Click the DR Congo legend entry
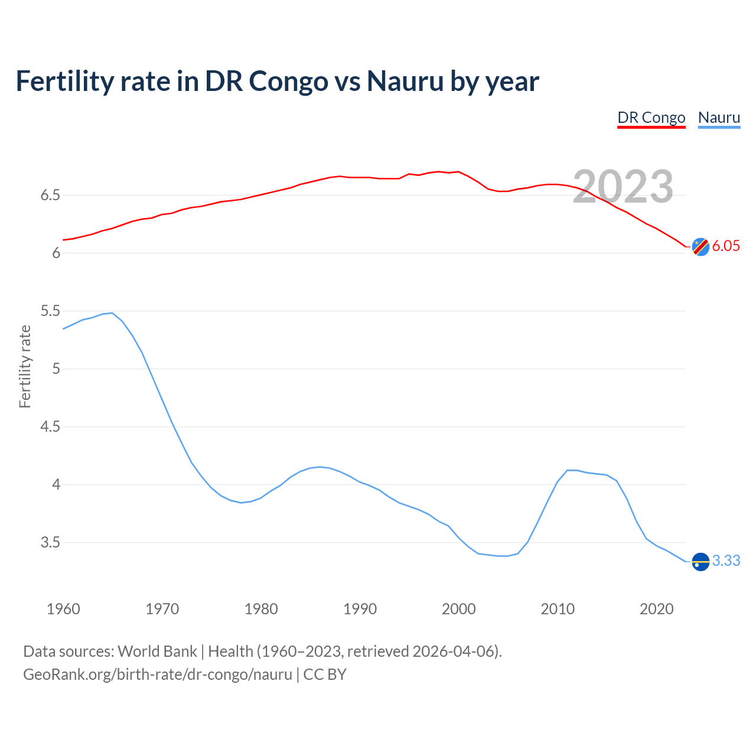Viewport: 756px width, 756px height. pyautogui.click(x=651, y=118)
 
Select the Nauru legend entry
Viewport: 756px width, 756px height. pyautogui.click(x=719, y=118)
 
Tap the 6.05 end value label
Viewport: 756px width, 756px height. pyautogui.click(x=726, y=246)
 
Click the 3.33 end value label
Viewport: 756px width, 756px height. pyautogui.click(x=726, y=561)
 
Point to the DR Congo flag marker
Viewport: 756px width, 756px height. pyautogui.click(x=700, y=247)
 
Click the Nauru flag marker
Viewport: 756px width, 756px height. pyautogui.click(x=700, y=561)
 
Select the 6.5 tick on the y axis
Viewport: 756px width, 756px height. pyautogui.click(x=50, y=195)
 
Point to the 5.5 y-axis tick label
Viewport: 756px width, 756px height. pyautogui.click(x=50, y=311)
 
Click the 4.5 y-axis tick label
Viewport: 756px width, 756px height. pyautogui.click(x=50, y=426)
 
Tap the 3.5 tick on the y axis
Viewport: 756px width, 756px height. pyautogui.click(x=50, y=542)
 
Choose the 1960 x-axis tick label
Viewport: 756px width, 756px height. pyautogui.click(x=63, y=609)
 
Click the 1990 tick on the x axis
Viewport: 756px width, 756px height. pyautogui.click(x=360, y=609)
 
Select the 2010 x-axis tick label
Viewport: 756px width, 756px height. pyautogui.click(x=558, y=609)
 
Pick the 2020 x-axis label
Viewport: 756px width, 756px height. pyautogui.click(x=656, y=609)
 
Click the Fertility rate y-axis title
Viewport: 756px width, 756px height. pyautogui.click(x=25, y=366)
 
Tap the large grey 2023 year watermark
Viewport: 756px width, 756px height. pyautogui.click(x=623, y=187)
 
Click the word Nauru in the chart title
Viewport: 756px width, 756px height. pyautogui.click(x=405, y=81)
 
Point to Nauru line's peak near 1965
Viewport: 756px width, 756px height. pyautogui.click(x=112, y=313)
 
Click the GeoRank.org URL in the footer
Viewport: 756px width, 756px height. pyautogui.click(x=158, y=674)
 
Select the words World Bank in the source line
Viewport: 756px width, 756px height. pyautogui.click(x=157, y=651)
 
